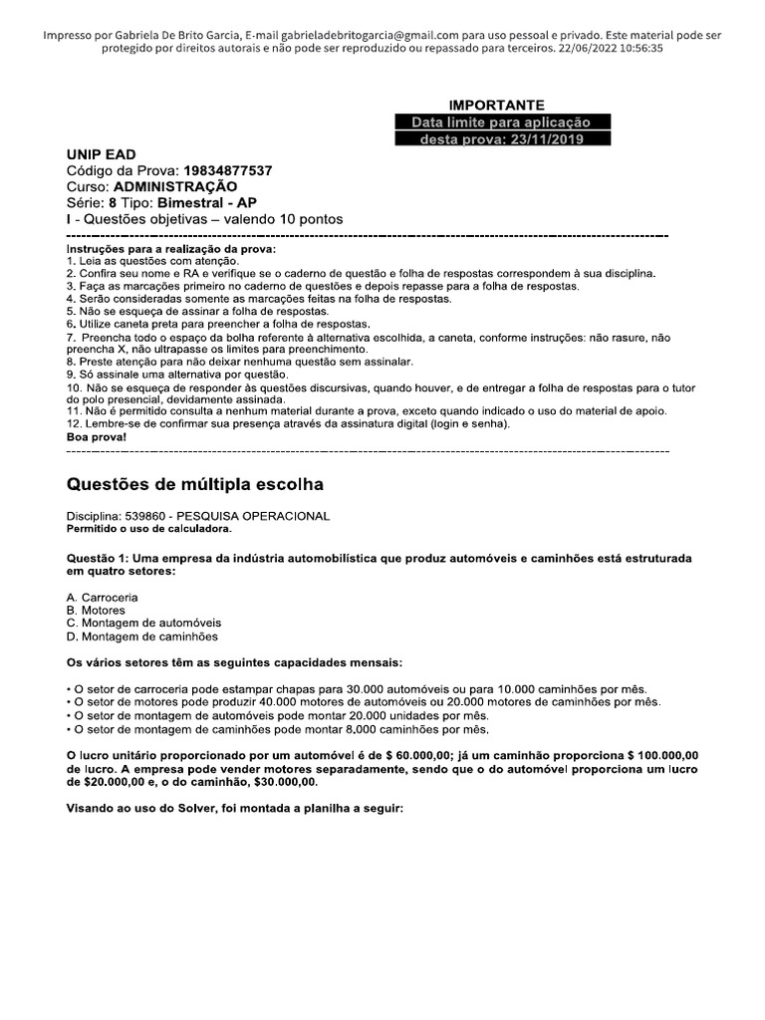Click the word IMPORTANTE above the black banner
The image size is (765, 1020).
[x=496, y=105]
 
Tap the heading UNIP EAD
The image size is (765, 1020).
[x=101, y=155]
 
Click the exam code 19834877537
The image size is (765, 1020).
[x=227, y=171]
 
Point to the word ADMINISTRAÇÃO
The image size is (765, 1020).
[x=175, y=186]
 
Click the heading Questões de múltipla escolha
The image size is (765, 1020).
[x=194, y=485]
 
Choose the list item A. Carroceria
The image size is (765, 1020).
[x=103, y=598]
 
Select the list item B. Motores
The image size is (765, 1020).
[x=96, y=611]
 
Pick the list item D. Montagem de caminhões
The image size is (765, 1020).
[x=142, y=637]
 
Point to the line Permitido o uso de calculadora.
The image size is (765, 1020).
[x=148, y=528]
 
